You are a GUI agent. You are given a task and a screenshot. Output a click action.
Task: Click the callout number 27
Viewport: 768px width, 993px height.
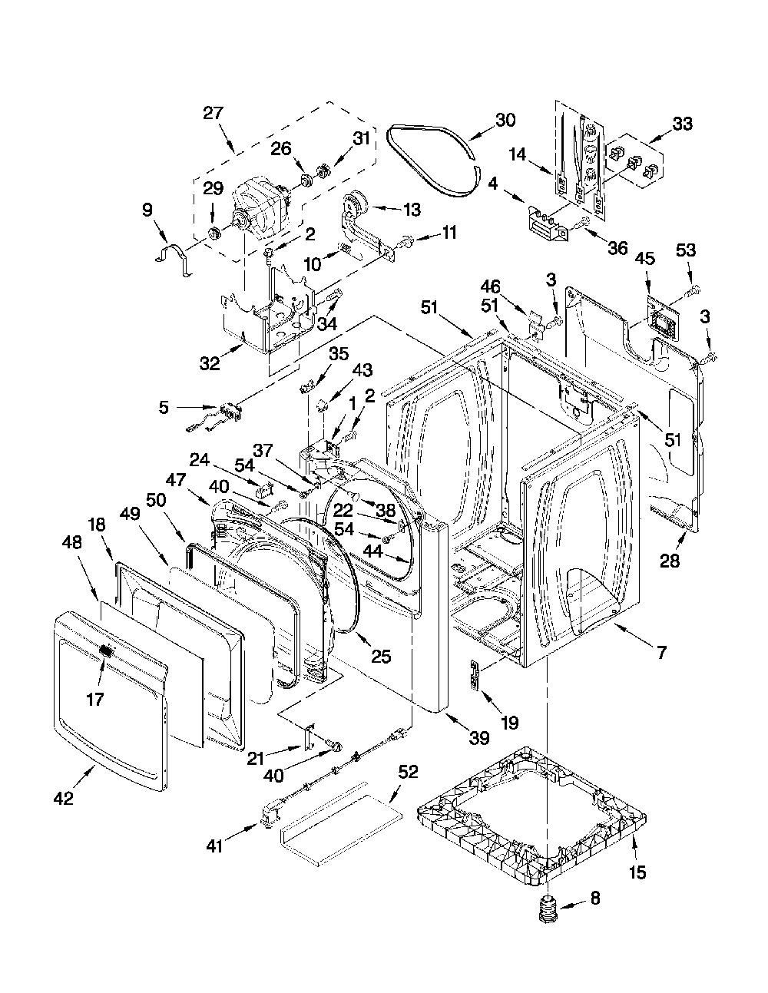point(213,113)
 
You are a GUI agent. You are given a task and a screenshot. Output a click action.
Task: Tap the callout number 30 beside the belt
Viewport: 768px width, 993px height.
point(505,120)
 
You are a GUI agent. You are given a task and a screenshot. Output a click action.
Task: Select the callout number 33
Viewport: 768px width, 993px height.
point(682,124)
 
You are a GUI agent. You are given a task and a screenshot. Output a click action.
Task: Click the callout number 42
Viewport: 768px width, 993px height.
point(64,799)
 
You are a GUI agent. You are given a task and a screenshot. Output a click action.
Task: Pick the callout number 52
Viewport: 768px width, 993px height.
point(408,772)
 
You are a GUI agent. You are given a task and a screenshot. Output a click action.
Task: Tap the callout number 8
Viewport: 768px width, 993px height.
point(595,898)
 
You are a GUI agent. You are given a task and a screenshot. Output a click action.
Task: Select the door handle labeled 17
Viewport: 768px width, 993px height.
point(105,650)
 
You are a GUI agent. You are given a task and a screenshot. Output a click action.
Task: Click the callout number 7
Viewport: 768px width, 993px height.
point(662,652)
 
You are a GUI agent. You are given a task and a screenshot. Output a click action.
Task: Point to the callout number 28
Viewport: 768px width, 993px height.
point(670,561)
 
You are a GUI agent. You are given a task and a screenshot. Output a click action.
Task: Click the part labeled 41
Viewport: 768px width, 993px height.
point(270,819)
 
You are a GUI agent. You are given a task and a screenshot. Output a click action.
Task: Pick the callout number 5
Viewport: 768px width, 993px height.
point(164,407)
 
